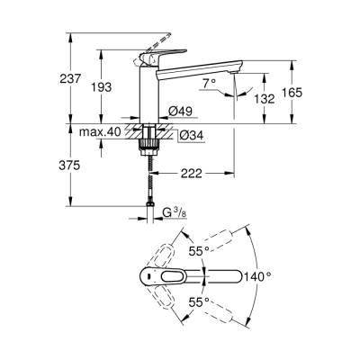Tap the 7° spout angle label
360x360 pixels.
(211, 84)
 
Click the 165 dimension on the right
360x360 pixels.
(309, 93)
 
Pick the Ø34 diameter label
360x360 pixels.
(178, 135)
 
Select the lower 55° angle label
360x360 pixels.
(198, 303)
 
